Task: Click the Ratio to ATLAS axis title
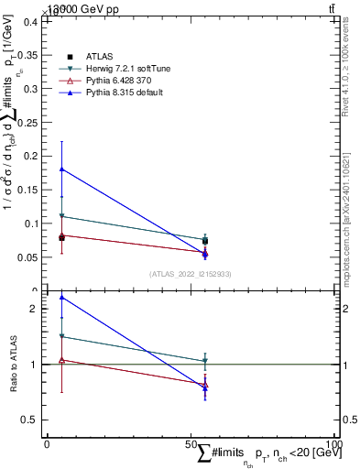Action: [13, 365]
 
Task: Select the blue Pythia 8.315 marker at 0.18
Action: [61, 169]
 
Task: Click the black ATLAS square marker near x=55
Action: [204, 241]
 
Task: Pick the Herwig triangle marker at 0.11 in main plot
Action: [61, 216]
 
